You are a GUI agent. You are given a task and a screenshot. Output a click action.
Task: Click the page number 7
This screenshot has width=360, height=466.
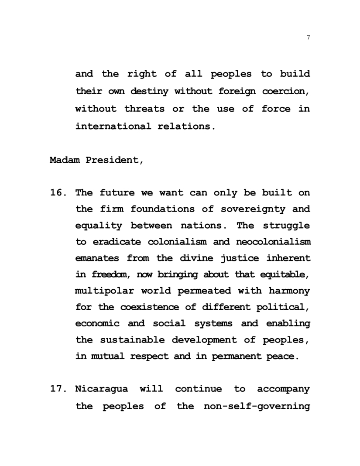309,38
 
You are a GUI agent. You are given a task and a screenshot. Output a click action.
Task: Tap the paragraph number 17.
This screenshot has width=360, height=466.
58,389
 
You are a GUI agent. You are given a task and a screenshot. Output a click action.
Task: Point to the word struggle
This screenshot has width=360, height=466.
286,226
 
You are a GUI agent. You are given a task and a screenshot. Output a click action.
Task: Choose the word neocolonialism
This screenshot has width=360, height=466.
274,242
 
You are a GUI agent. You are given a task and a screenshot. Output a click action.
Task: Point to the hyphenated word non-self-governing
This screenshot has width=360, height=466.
257,406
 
